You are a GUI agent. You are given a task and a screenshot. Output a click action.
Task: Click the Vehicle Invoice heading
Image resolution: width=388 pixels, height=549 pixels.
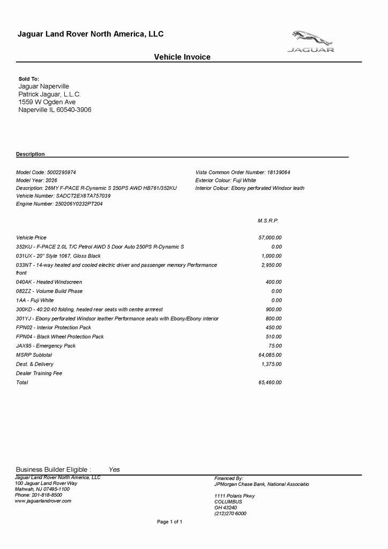[182, 57]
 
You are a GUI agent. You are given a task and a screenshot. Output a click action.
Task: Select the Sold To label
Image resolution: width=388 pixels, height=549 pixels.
[29, 79]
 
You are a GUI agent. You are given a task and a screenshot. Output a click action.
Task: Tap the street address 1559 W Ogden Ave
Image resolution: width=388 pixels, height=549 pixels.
[47, 102]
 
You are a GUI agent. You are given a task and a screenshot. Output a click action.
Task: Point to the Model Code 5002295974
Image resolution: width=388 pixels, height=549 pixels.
[46, 173]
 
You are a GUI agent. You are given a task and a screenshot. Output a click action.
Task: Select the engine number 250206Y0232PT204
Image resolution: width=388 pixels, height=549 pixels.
[59, 204]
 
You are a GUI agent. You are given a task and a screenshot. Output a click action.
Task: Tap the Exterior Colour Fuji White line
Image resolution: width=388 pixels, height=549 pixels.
[226, 181]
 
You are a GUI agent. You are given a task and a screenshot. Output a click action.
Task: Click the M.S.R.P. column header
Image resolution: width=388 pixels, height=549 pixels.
[268, 221]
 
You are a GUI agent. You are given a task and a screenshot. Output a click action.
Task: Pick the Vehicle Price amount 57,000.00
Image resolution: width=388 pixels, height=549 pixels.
[270, 238]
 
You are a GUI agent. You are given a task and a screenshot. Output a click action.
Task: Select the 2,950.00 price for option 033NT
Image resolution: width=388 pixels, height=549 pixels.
[271, 265]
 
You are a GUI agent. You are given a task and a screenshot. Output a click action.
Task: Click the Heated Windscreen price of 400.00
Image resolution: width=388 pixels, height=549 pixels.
[273, 282]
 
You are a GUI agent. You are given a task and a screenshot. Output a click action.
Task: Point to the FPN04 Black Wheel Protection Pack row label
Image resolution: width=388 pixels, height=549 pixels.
[60, 337]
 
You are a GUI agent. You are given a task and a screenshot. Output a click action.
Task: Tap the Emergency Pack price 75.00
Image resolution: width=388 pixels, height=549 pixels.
[275, 346]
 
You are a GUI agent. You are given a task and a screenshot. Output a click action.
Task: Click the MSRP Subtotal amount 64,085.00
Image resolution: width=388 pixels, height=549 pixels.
[270, 355]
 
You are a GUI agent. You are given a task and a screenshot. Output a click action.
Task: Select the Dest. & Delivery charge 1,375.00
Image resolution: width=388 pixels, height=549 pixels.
[271, 364]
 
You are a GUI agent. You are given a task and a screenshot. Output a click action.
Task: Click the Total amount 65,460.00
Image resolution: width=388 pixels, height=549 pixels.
[270, 382]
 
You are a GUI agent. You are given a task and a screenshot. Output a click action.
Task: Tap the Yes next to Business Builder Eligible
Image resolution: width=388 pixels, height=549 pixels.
[114, 470]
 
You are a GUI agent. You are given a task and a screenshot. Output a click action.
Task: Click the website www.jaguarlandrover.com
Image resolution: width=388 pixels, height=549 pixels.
[43, 501]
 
